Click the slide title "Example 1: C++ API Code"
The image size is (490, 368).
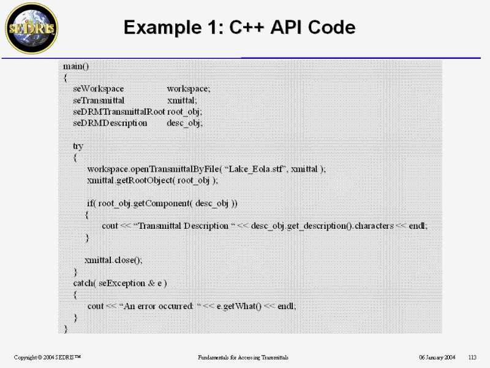[239, 28]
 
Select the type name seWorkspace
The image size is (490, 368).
[99, 88]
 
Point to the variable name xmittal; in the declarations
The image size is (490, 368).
[182, 100]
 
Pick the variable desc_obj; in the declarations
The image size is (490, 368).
[184, 123]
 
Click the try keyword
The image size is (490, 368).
[78, 146]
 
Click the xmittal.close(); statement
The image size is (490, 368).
[114, 259]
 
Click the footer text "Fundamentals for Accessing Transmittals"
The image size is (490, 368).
[243, 357]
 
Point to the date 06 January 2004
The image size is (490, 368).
[437, 357]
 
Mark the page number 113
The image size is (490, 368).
[472, 357]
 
